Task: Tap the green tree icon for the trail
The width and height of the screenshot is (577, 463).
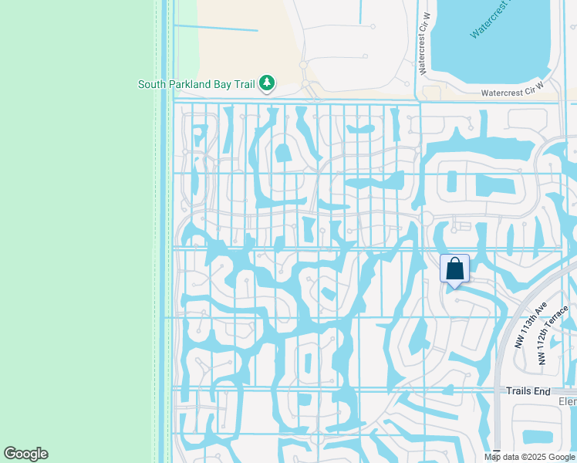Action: pos(267,83)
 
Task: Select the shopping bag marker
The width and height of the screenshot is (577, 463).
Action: pos(454,269)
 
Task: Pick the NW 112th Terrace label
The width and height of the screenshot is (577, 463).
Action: pos(553,334)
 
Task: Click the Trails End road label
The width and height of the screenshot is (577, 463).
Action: pos(528,391)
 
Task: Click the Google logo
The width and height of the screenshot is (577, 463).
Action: pos(25,454)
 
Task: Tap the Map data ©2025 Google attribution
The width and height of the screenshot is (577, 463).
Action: pos(529,457)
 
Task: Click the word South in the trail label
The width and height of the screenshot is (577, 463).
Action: pos(153,84)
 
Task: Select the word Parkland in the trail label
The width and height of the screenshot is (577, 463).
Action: pos(191,84)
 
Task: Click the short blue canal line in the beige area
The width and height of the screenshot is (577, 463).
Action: pos(216,29)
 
